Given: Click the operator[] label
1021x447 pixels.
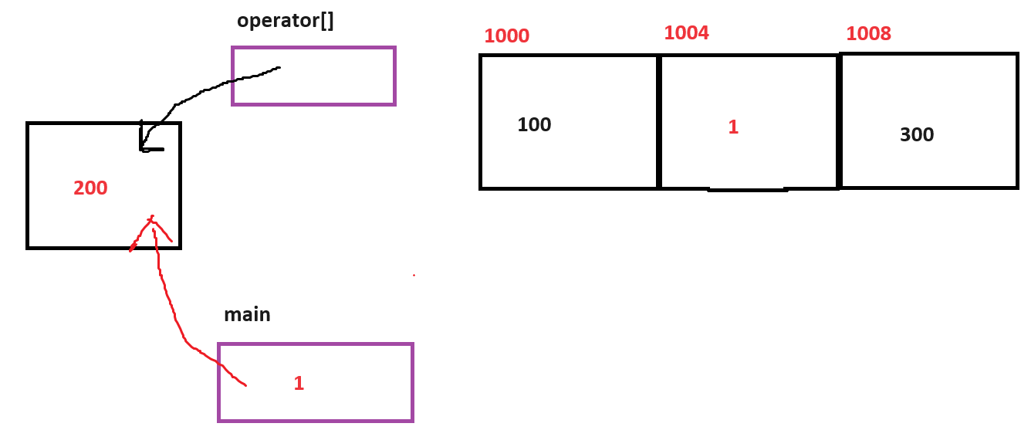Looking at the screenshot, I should click(286, 21).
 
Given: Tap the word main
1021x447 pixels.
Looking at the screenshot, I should click(247, 315).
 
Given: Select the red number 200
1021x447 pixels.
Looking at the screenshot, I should click(90, 188).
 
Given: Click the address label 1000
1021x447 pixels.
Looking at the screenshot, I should click(506, 36).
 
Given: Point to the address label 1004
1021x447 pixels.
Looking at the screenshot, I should click(686, 33).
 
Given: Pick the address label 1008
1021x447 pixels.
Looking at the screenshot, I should click(868, 34).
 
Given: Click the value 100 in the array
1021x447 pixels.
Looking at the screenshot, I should click(534, 125).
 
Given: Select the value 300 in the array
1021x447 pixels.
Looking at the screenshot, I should click(917, 135).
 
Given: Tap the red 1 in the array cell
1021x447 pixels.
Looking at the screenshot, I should click(733, 127).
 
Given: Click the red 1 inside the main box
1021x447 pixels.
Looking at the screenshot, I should click(299, 383).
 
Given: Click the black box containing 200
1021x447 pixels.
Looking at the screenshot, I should click(62, 154).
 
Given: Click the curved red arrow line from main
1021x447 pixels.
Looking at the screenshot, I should click(174, 317).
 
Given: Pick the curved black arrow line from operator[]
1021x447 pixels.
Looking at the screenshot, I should click(208, 91).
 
